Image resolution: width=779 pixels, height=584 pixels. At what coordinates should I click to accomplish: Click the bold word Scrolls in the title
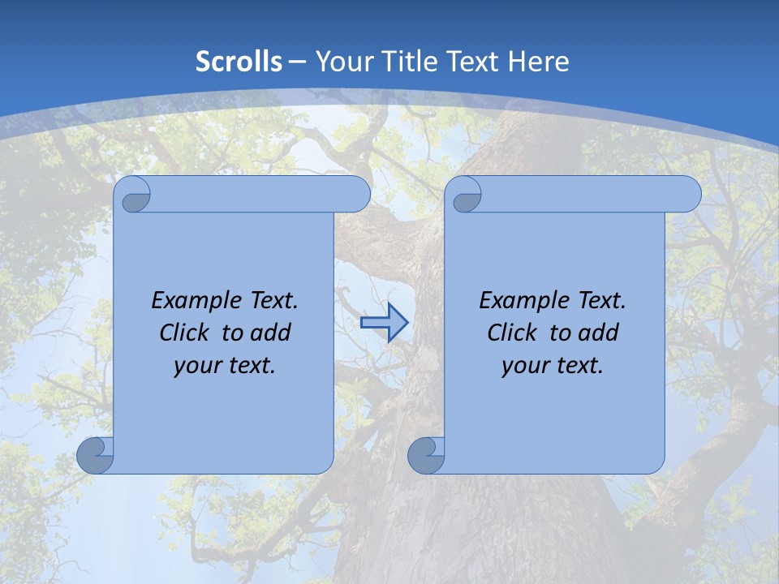(239, 62)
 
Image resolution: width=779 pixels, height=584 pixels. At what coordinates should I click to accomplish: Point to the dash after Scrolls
(297, 62)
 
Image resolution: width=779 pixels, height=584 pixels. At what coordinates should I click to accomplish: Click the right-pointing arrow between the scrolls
(384, 323)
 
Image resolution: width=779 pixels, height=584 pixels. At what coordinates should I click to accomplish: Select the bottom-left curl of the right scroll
(426, 455)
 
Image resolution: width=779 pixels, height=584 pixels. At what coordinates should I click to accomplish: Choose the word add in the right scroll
(600, 333)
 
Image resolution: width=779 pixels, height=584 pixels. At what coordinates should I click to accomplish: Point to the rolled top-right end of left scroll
(355, 195)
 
